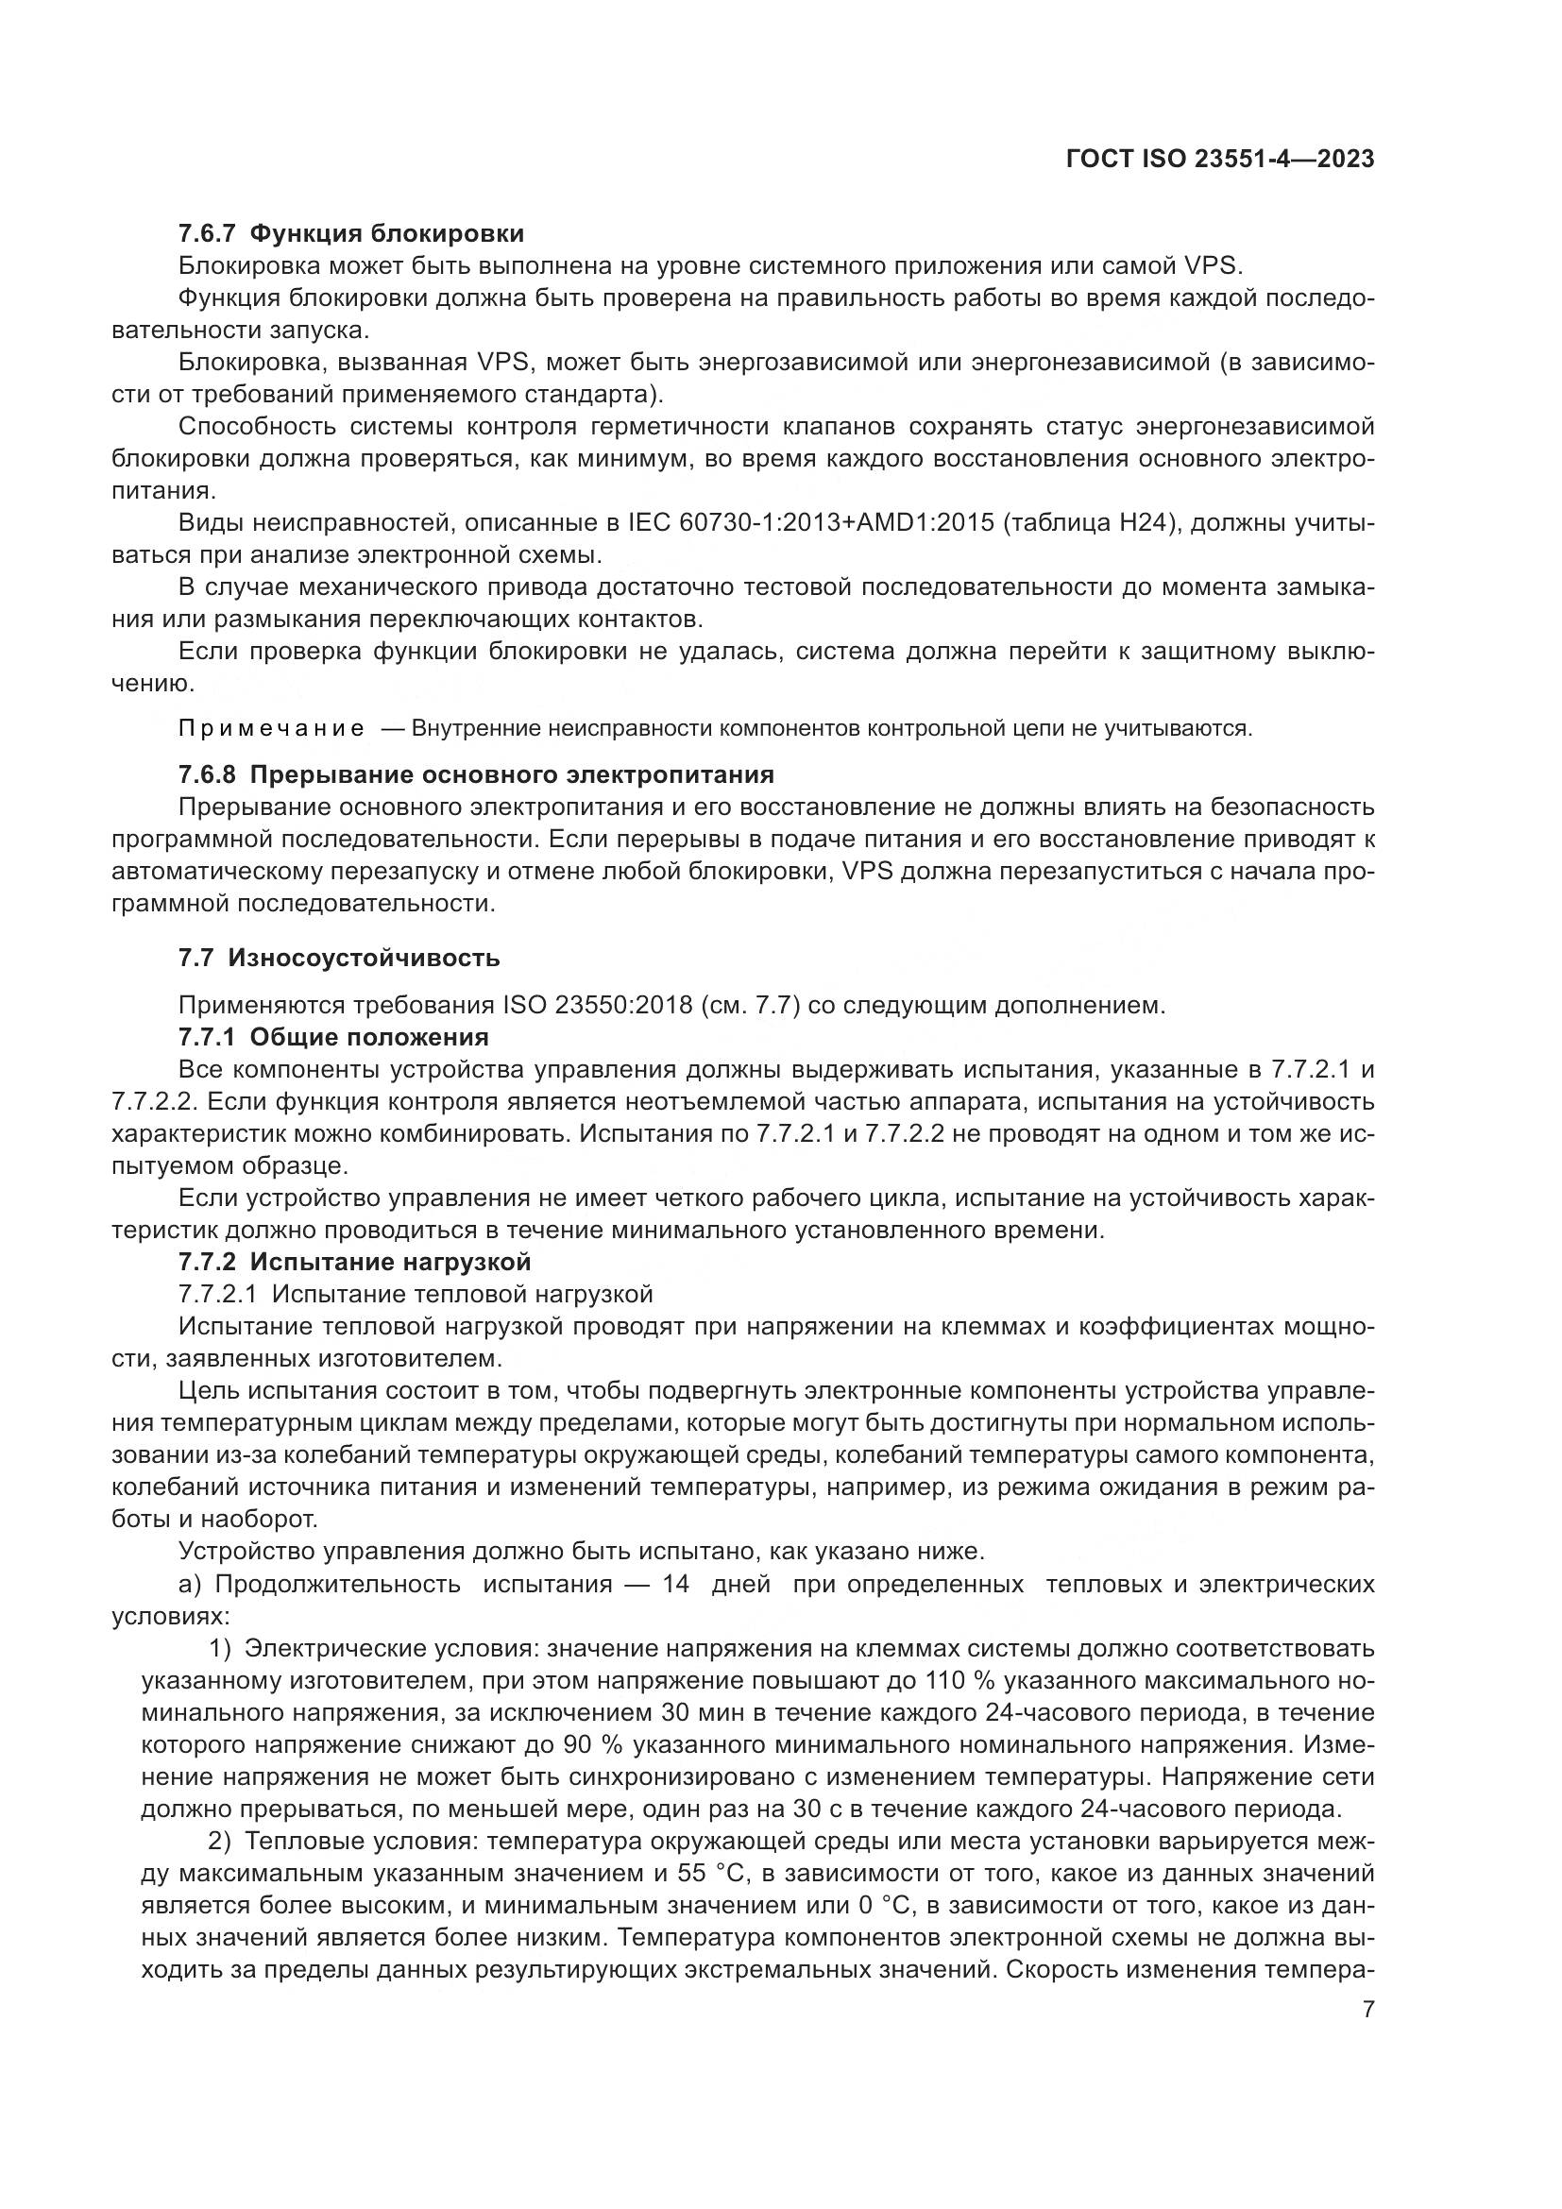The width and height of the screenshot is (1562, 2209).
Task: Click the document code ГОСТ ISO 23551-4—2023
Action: click(x=1219, y=160)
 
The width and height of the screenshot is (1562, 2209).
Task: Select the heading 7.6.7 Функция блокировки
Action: click(x=351, y=234)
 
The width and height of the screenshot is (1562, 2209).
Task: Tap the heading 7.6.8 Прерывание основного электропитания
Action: click(x=476, y=774)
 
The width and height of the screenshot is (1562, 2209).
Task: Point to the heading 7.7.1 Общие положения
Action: click(x=332, y=1037)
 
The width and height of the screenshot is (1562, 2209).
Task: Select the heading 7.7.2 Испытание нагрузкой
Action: click(x=354, y=1262)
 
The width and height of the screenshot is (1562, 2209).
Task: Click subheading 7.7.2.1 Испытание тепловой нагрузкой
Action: click(x=416, y=1294)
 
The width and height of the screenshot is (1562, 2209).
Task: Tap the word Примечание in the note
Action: click(x=271, y=728)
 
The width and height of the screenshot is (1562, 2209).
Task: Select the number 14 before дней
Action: click(x=676, y=1585)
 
